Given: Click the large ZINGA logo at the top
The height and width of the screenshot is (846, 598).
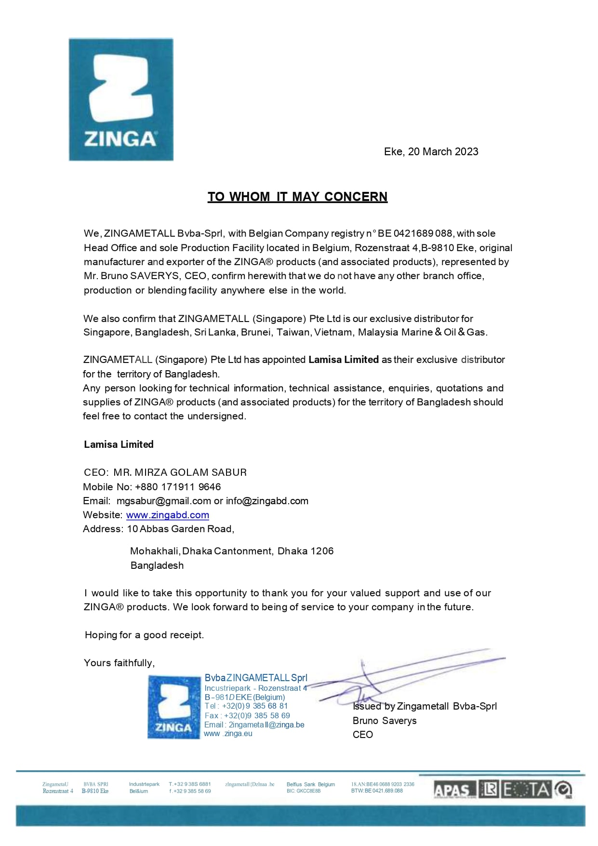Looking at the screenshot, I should pyautogui.click(x=121, y=99).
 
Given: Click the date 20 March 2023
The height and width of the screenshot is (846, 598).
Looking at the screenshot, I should pyautogui.click(x=443, y=152).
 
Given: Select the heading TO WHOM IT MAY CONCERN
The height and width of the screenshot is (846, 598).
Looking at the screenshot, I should pyautogui.click(x=297, y=197).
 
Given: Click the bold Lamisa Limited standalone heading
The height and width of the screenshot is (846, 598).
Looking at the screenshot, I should pyautogui.click(x=119, y=444).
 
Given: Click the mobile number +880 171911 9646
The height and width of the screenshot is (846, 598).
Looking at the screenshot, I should pyautogui.click(x=178, y=487).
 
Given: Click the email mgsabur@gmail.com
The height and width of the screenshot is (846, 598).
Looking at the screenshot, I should pyautogui.click(x=164, y=501).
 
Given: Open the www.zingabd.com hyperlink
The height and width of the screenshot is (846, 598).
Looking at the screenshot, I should pyautogui.click(x=168, y=515).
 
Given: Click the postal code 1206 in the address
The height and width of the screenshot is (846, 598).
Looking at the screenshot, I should pyautogui.click(x=322, y=551).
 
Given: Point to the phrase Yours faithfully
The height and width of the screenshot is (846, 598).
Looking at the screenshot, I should pyautogui.click(x=119, y=663).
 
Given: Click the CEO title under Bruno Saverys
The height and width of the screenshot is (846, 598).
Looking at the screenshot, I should pyautogui.click(x=363, y=735).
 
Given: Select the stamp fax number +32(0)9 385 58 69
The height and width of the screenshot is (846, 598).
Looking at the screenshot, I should pyautogui.click(x=257, y=716).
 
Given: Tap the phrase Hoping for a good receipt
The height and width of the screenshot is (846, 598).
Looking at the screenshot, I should pyautogui.click(x=144, y=635).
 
